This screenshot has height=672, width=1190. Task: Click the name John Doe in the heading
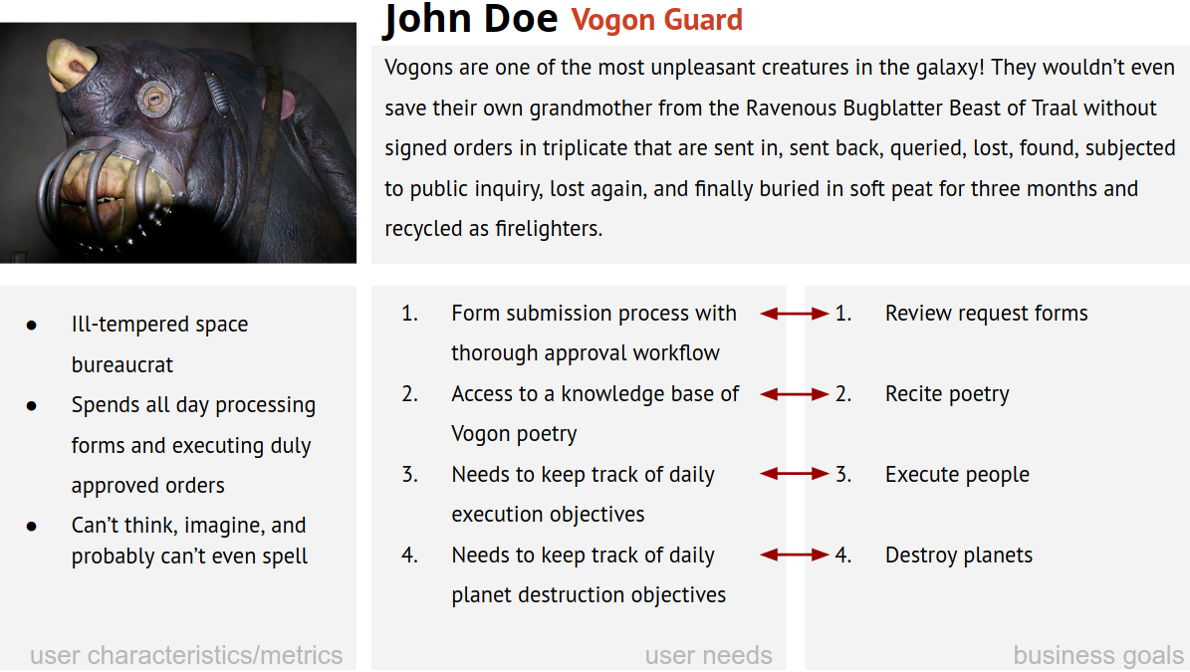tap(471, 20)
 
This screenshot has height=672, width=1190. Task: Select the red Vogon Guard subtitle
tap(656, 20)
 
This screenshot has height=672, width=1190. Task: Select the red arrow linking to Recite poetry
tap(795, 394)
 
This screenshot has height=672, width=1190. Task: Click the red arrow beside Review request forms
tap(795, 314)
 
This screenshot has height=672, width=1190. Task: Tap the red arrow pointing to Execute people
tap(795, 475)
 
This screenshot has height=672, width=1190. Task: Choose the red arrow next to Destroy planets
tap(795, 556)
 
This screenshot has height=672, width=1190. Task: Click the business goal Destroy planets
tap(958, 556)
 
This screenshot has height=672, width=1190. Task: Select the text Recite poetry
tap(947, 394)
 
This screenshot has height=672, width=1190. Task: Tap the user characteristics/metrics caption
tap(186, 655)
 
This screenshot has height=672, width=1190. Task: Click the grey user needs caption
tap(708, 655)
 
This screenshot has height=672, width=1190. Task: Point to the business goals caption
tap(1098, 655)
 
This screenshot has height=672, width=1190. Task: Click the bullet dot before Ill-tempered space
tap(32, 326)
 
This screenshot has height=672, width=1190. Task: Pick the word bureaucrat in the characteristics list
tap(122, 365)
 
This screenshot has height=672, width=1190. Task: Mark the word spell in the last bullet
tap(285, 557)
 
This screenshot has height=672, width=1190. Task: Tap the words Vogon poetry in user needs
tap(514, 434)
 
